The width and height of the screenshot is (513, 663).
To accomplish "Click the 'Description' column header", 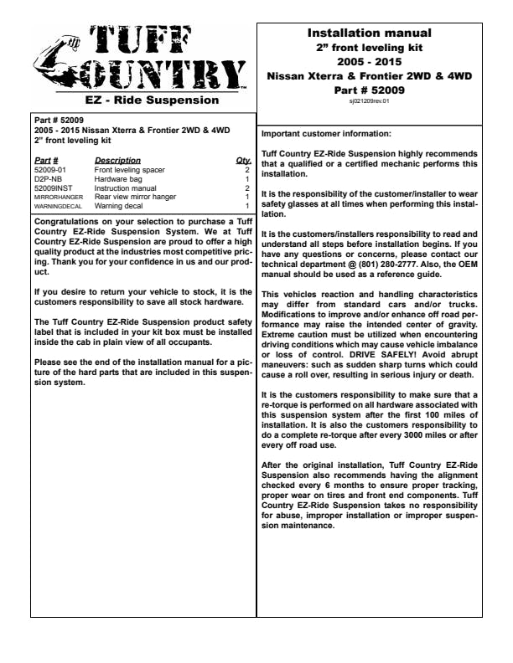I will [x=117, y=159].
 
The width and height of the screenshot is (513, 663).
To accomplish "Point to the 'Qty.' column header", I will [x=244, y=159].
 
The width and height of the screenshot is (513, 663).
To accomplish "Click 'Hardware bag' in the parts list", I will [x=117, y=178].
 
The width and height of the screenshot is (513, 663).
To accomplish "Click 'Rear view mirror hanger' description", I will [x=131, y=196].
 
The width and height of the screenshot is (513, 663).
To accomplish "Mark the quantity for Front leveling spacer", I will [x=247, y=169].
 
